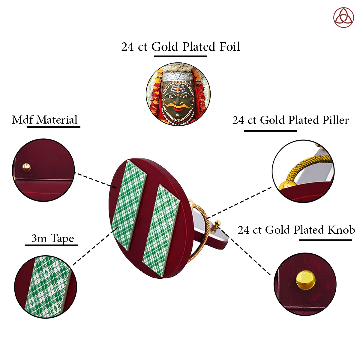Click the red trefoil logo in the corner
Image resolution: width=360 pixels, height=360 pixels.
343,17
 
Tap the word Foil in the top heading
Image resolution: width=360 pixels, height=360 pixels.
229,47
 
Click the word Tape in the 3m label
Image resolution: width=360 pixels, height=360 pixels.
62,238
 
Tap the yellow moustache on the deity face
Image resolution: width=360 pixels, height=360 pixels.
178,105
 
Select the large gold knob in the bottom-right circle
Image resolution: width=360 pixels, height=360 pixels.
305,280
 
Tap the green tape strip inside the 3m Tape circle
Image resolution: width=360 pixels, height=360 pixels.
46,286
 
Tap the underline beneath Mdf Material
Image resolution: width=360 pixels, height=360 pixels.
54,127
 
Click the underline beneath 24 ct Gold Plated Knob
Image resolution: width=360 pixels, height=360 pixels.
325,240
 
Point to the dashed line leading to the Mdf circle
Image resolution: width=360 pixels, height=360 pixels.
93,179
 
